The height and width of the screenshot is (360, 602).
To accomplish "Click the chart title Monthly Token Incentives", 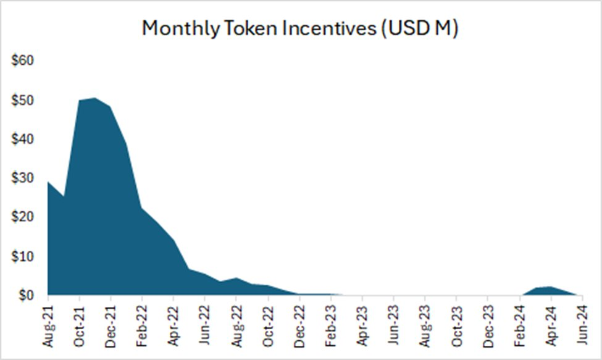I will (x=300, y=28).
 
